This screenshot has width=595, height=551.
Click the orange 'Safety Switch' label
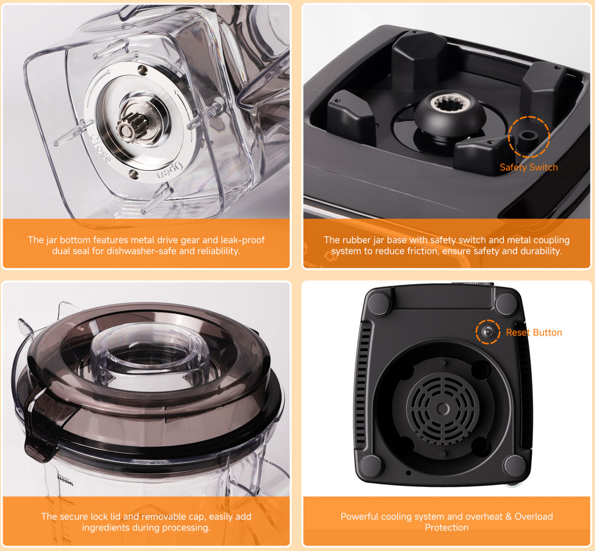[529, 167]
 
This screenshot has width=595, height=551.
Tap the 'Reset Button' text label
[534, 332]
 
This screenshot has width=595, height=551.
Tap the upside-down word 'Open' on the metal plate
[170, 171]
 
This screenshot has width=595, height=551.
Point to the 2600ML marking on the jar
[65, 480]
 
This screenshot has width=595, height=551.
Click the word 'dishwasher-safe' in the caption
[143, 251]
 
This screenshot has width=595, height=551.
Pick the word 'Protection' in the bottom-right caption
[447, 528]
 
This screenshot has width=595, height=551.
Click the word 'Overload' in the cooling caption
[534, 516]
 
